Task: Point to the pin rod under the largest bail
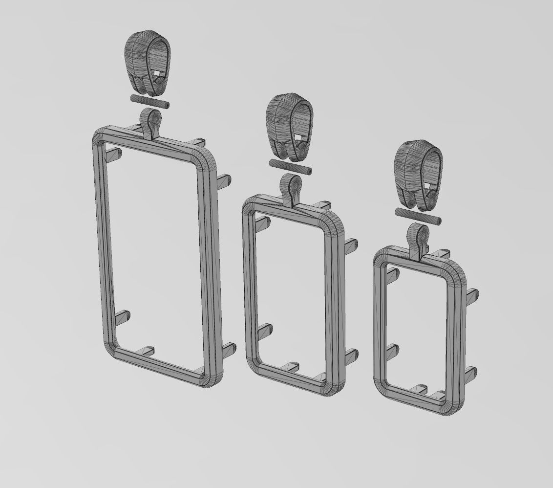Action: click(149, 102)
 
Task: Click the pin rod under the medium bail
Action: click(290, 166)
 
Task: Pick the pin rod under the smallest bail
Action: click(418, 216)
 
